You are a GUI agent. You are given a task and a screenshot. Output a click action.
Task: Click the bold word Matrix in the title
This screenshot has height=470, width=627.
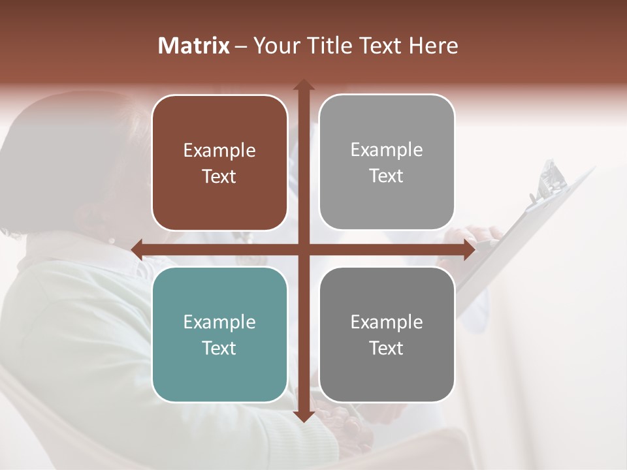pos(194,46)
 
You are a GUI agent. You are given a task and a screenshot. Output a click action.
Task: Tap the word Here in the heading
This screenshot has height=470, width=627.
pos(433,46)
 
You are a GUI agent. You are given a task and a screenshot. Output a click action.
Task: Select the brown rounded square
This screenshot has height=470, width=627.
pos(219,196)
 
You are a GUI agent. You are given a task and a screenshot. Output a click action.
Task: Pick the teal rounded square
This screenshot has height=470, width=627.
pos(219,372)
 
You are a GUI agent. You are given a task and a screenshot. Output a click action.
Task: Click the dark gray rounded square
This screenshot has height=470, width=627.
pos(387,372)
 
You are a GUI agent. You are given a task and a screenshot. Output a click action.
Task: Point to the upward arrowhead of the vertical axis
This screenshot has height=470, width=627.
pos(303,85)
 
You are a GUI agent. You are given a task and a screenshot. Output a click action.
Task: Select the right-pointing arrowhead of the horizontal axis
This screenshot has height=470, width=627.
pos(468,249)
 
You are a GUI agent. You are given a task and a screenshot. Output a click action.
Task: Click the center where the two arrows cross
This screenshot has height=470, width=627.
pos(303,249)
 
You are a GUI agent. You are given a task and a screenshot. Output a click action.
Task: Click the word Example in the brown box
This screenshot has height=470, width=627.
pos(219,151)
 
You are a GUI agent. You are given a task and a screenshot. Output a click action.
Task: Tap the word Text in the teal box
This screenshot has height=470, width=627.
pos(219,348)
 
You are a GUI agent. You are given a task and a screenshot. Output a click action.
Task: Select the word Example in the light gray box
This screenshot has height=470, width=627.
pos(387,150)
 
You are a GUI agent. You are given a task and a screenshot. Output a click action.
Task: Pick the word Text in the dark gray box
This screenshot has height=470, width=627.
pos(387,348)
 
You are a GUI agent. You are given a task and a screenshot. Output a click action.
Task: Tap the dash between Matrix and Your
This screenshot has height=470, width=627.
pos(241,47)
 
